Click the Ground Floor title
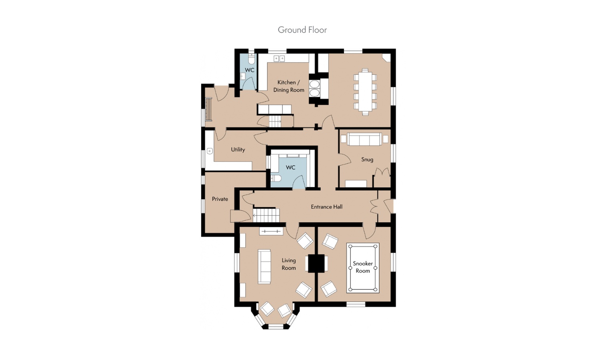[302, 30]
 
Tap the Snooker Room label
[363, 267]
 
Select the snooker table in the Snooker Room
[363, 268]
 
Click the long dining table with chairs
[365, 92]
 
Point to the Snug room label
[367, 160]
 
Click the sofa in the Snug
[364, 139]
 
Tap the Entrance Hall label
[326, 207]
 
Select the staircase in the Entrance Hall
[266, 215]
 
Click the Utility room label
[238, 150]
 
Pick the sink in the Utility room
[210, 151]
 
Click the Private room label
[220, 199]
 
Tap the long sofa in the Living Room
[264, 266]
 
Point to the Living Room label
[289, 264]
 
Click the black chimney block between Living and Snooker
[316, 264]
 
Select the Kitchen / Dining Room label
[289, 86]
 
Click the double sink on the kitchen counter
[279, 58]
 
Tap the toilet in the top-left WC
[251, 59]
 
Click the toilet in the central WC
[275, 178]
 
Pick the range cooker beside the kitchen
[314, 89]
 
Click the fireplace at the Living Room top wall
[271, 231]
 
